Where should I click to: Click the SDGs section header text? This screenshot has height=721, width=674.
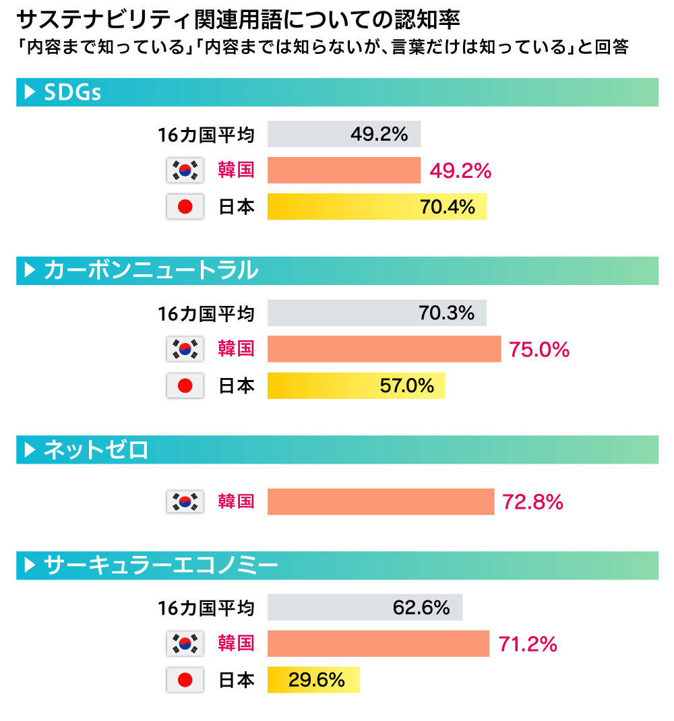point(72,92)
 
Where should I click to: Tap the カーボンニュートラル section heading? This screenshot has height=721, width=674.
point(150,271)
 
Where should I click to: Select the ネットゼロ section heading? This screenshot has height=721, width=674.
point(96,449)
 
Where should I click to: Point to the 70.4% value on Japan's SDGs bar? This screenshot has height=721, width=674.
point(447,207)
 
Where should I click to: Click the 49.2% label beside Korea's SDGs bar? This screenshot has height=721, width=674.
point(460,171)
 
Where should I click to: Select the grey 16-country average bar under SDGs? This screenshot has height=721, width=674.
point(344,134)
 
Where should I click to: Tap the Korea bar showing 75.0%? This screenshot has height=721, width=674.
point(384,350)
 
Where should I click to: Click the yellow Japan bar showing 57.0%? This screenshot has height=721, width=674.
point(356,386)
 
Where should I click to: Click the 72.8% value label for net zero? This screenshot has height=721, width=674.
point(532,502)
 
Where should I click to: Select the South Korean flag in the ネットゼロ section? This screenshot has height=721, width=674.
point(185,502)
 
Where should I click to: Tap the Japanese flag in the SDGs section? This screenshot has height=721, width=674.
point(185,207)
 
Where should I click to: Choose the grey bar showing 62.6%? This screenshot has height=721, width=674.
point(365,608)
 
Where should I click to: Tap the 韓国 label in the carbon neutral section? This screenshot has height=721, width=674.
point(236,349)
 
